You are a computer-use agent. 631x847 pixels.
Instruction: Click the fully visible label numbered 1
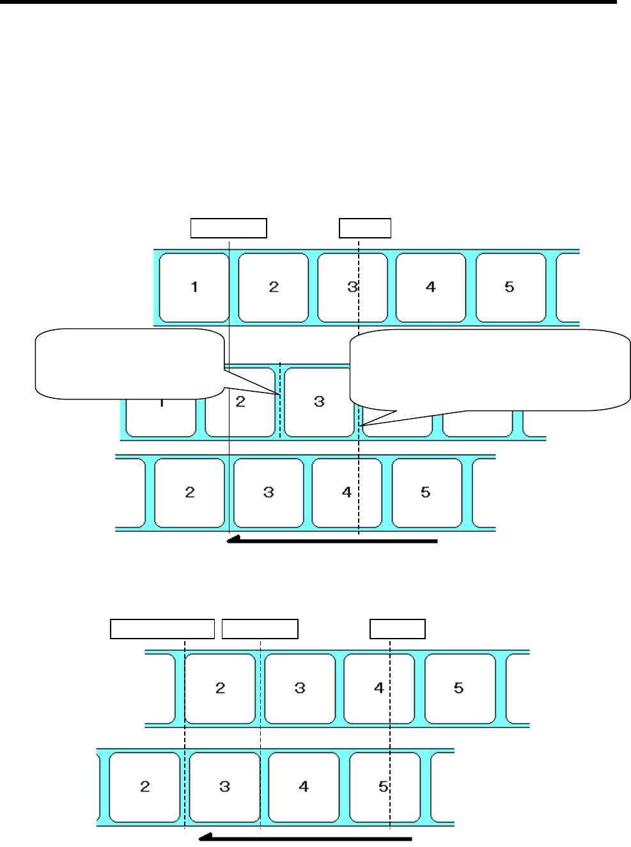pyautogui.click(x=194, y=287)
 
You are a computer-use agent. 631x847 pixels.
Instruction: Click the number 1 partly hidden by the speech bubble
pyautogui.click(x=161, y=403)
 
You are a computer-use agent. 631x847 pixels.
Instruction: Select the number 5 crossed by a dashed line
pyautogui.click(x=384, y=786)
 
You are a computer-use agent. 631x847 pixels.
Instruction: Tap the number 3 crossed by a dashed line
pyautogui.click(x=352, y=287)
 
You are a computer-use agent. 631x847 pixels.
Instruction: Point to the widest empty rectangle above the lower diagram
pyautogui.click(x=162, y=628)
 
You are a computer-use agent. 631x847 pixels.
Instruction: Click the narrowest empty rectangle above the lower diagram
pyautogui.click(x=398, y=628)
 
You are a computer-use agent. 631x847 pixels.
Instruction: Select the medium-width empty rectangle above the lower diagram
pyautogui.click(x=260, y=628)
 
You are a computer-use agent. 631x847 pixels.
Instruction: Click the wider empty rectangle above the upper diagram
pyautogui.click(x=228, y=228)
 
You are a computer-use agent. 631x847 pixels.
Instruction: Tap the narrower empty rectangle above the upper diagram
pyautogui.click(x=365, y=228)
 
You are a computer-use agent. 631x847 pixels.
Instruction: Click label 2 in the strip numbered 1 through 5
pyautogui.click(x=274, y=287)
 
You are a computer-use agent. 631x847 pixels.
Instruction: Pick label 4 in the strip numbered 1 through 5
pyautogui.click(x=431, y=287)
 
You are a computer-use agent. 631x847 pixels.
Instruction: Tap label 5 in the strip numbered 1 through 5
pyautogui.click(x=510, y=287)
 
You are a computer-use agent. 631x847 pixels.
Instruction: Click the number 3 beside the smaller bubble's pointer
pyautogui.click(x=319, y=401)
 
